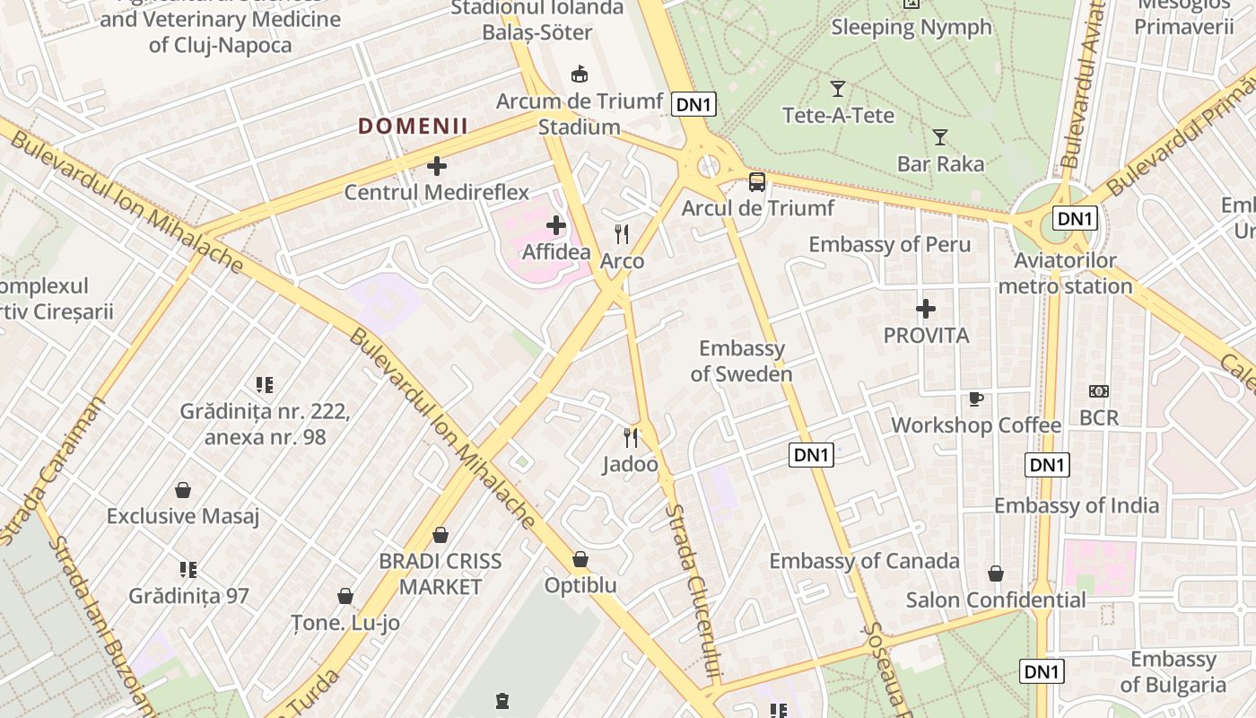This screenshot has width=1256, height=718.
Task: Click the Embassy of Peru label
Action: [889, 244]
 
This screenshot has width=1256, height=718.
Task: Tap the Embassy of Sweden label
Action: [742, 361]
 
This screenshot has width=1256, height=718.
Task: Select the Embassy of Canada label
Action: [864, 561]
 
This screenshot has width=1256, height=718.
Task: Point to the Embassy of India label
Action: [1076, 505]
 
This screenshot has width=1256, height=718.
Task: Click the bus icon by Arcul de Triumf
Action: [757, 182]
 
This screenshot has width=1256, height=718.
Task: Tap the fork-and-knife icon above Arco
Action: [622, 234]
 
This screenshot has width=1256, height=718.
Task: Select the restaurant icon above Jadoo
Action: [631, 438]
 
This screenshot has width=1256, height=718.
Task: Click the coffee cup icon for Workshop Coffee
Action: [976, 398]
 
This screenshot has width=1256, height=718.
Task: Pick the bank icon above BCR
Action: [1098, 391]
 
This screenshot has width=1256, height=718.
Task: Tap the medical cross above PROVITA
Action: [926, 310]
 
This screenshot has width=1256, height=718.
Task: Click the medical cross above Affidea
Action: [556, 225]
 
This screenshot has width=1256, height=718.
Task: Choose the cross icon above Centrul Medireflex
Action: [437, 166]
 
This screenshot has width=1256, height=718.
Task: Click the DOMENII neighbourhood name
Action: [413, 127]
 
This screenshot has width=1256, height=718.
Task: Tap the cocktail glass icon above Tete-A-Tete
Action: [838, 89]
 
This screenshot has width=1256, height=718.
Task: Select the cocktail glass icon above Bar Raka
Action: [940, 137]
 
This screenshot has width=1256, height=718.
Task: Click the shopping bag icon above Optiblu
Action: [580, 559]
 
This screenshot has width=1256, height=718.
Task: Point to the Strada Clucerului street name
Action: [694, 592]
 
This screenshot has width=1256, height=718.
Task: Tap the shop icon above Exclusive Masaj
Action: [183, 490]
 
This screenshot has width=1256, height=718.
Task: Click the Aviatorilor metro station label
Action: [1065, 274]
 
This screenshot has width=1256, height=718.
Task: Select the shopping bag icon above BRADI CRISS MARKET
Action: [440, 535]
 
